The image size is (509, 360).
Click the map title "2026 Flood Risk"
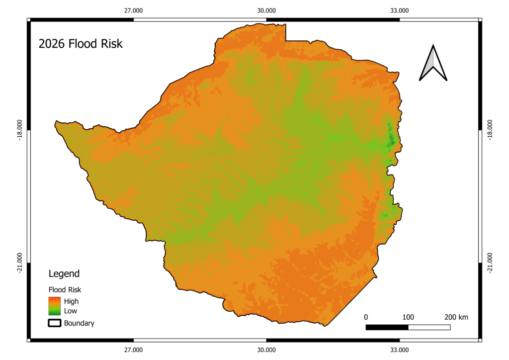pos(81,44)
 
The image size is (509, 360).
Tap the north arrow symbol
pos(433,63)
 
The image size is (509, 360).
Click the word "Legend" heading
pos(64,273)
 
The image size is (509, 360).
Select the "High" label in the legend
pos(71,301)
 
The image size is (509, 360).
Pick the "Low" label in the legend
pos(71,311)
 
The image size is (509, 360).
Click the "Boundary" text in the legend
pos(79,323)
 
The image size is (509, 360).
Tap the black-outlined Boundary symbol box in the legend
pos(54,323)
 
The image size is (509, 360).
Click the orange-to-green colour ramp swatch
pos(54,306)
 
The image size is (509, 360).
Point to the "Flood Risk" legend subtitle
pos(65,289)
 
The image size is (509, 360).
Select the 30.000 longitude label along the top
pos(266,10)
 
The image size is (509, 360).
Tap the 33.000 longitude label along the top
pos(400,10)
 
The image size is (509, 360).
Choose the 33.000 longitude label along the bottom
pos(400,350)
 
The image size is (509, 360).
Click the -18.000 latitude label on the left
pos(20,130)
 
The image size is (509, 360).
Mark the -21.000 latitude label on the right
pos(491,263)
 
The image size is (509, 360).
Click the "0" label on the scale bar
pos(366,317)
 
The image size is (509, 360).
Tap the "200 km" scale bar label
pos(456,317)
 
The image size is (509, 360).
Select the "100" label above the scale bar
pos(408,317)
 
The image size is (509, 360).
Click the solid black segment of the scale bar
pos(387,327)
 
